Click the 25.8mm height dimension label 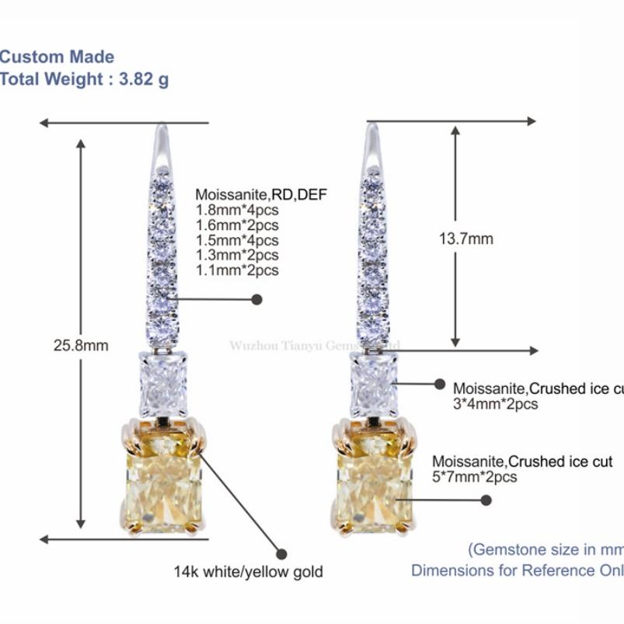point(81,345)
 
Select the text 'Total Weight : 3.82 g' point(84,79)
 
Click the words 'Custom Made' point(58,57)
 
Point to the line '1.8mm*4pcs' point(237,209)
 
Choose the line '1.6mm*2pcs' point(237,225)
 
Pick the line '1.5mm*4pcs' point(237,239)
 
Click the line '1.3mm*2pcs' point(237,255)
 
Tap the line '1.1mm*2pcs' point(237,270)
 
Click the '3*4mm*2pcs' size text point(496,404)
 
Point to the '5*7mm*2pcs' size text point(475,477)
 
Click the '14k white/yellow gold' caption point(248,573)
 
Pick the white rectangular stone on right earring point(374,385)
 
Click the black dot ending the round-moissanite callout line point(257,299)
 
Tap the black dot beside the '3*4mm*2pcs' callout point(439,383)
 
